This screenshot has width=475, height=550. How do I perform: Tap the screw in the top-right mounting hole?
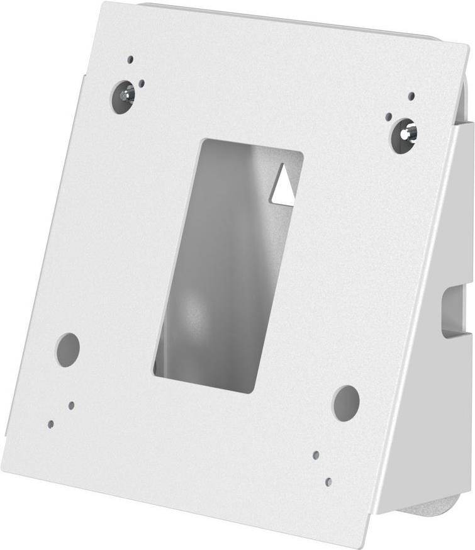pos(404,135)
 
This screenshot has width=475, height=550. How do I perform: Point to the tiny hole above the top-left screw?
pos(130,60)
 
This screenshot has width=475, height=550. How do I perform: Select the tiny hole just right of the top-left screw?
pos(144,82)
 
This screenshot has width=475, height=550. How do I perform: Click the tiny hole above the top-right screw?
pos(411,96)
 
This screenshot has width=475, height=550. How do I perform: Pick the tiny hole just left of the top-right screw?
pos(389,116)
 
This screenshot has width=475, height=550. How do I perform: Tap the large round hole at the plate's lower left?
pos(67,349)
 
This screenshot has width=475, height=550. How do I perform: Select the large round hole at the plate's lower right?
pos(345,403)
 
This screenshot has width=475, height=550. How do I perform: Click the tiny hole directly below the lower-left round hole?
pos(72,405)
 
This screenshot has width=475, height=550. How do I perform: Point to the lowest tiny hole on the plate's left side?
pos(51,424)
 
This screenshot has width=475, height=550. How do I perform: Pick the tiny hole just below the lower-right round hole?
pos(316,454)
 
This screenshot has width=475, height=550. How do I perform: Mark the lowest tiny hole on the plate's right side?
pos(328,481)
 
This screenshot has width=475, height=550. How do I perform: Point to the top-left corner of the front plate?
pos(103,4)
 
